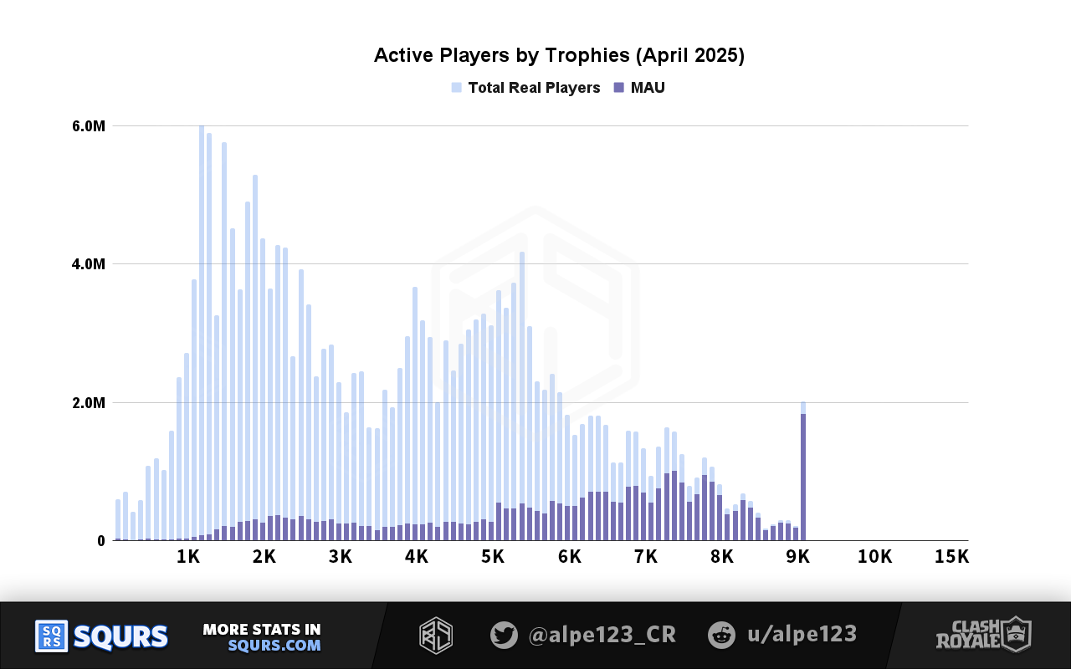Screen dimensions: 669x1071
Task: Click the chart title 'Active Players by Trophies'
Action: tap(558, 56)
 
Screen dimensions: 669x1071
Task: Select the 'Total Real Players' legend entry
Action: tap(533, 88)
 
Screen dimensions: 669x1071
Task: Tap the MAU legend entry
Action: tap(647, 88)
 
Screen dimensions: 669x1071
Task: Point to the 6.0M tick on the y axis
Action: tap(88, 126)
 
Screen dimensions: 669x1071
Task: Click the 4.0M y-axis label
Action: tap(88, 264)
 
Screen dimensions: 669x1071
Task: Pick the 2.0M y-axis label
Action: tap(88, 403)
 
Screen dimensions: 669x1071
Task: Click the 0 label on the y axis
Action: tap(100, 541)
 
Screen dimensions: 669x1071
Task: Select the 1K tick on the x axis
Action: tap(187, 557)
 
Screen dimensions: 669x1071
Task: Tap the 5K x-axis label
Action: tap(493, 557)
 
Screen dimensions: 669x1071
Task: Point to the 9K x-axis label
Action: tap(798, 557)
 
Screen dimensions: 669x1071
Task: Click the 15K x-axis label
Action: tap(951, 557)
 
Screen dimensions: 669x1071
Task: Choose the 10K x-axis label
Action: tap(874, 557)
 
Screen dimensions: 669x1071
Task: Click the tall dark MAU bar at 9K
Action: tap(803, 477)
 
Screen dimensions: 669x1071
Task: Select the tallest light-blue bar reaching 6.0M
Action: tap(202, 334)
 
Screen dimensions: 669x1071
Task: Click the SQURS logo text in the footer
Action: tap(120, 636)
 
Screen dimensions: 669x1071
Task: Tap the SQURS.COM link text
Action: tap(274, 646)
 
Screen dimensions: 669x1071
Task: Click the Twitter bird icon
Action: tap(504, 635)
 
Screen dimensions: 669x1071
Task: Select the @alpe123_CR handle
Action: tap(602, 635)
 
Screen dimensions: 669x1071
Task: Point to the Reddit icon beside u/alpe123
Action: tap(720, 635)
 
